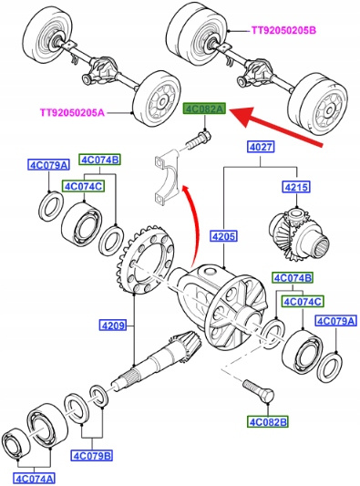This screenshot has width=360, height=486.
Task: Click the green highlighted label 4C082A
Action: point(204,109)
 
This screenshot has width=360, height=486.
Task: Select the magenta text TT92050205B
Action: point(283,30)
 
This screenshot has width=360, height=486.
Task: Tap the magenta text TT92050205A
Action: point(72,112)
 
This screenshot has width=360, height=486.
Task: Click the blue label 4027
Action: point(261,147)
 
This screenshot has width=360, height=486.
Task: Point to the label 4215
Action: point(296,187)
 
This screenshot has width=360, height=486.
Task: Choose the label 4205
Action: point(224,236)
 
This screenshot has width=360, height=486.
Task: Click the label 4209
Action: point(113,326)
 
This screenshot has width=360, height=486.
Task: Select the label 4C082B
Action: point(268,422)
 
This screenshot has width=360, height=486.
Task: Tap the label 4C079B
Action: point(92,456)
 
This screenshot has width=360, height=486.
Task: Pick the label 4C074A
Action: point(35,479)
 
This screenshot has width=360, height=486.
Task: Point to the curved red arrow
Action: point(192,224)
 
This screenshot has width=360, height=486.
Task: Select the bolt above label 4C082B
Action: point(259,391)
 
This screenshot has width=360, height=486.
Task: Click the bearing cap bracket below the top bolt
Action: point(167,178)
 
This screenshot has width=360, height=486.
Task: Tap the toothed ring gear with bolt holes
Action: point(145,260)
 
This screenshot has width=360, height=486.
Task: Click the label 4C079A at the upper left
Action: point(48,165)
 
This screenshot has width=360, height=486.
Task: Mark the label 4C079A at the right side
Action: point(335,321)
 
